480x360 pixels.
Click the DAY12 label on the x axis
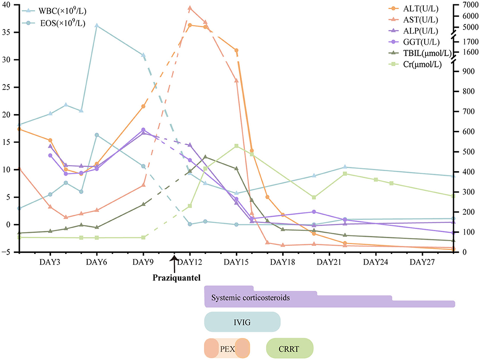(190, 262)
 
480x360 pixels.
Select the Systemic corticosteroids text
(250, 298)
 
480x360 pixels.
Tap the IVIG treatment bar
(242, 322)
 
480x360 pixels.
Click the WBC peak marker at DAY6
(97, 25)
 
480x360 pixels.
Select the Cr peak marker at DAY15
(236, 146)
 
